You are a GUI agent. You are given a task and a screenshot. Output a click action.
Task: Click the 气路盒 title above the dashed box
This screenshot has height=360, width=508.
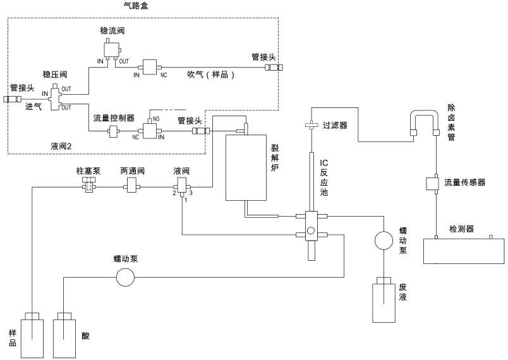(136, 6)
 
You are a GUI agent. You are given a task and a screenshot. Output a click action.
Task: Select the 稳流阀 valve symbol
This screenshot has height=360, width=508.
(112, 49)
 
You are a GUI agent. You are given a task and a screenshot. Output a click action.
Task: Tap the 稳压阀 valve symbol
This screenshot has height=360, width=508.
(56, 97)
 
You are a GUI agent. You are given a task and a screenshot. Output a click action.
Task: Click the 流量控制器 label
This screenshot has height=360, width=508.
(114, 118)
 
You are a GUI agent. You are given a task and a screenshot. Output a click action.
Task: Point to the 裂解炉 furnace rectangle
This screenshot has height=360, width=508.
(246, 168)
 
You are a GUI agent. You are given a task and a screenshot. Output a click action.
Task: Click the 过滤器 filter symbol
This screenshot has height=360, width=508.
(311, 125)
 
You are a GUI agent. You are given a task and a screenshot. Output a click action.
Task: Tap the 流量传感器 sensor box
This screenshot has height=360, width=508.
(432, 183)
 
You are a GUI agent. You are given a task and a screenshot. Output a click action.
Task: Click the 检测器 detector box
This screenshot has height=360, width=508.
(464, 251)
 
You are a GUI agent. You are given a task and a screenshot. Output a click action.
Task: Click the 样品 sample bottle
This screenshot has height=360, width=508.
(32, 335)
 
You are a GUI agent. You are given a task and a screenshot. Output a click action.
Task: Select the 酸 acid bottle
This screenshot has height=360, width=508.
(64, 335)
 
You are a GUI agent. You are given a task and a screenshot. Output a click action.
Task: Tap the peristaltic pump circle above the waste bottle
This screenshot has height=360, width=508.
(384, 240)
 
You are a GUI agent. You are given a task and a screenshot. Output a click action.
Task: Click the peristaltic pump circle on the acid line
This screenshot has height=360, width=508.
(125, 277)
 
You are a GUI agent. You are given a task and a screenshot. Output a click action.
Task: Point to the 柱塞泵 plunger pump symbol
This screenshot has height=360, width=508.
(88, 185)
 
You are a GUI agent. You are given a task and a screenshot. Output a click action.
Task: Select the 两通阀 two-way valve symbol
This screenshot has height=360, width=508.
(131, 186)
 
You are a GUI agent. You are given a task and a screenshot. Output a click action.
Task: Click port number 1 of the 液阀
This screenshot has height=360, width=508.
(186, 200)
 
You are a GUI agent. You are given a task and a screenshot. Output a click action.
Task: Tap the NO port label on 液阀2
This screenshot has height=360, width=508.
(156, 119)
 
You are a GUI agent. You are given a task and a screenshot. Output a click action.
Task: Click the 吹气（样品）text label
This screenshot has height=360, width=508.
(211, 75)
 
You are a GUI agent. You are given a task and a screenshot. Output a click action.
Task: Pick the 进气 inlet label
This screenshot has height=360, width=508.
(33, 107)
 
